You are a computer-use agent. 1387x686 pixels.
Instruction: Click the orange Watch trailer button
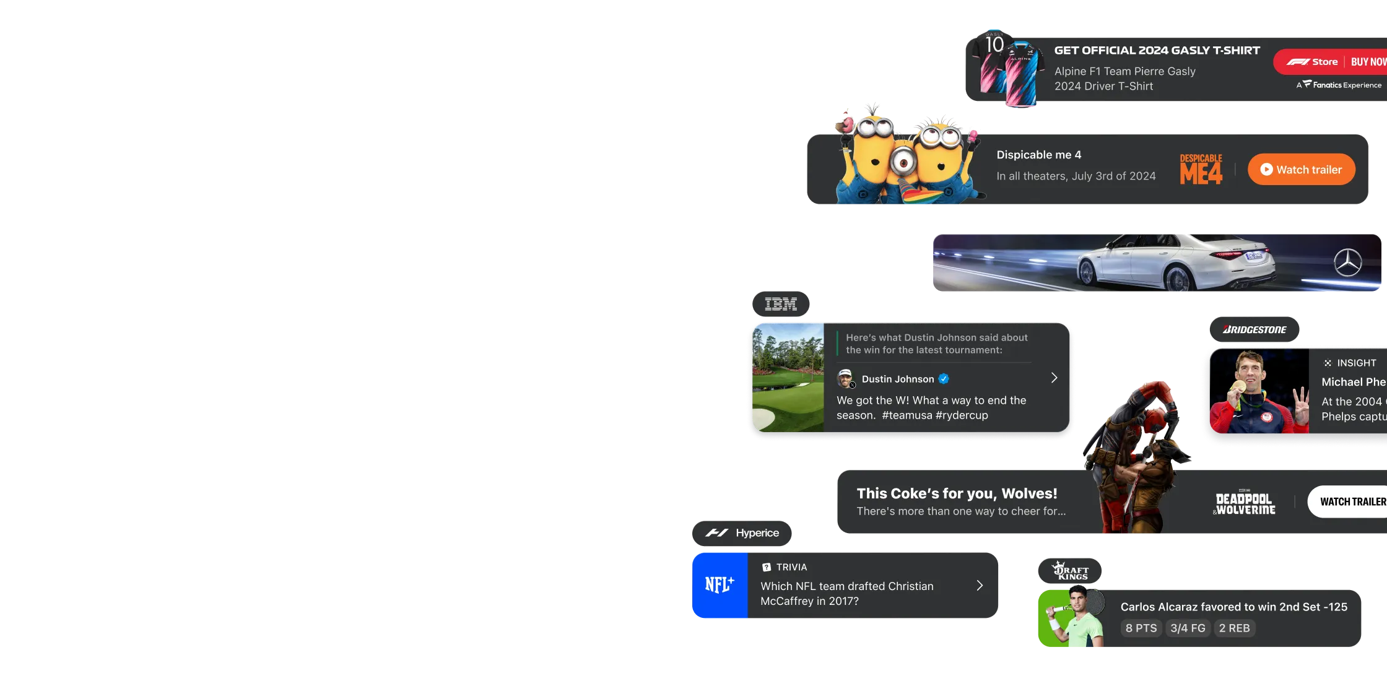(x=1301, y=170)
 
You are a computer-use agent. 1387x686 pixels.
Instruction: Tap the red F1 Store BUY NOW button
(x=1331, y=62)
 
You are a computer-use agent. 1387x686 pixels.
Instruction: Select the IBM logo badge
(x=780, y=304)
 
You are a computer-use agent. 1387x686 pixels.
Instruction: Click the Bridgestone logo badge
(x=1254, y=329)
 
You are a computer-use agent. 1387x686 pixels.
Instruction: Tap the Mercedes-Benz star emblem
(x=1347, y=263)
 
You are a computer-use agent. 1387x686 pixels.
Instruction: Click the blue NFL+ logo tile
(x=720, y=585)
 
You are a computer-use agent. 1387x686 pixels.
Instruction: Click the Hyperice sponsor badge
(x=742, y=533)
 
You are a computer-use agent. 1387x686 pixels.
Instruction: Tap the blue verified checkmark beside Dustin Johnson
(x=944, y=379)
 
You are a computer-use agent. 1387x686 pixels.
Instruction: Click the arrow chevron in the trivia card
(x=980, y=586)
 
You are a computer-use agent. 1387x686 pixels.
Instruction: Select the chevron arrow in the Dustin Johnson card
(x=1054, y=378)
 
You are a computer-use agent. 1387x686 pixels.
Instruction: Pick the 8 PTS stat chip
(x=1141, y=628)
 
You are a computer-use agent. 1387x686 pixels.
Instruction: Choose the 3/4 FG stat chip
(x=1188, y=628)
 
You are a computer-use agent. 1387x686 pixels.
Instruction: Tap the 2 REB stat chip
(x=1234, y=628)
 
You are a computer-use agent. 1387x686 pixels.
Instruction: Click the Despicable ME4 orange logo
(x=1201, y=170)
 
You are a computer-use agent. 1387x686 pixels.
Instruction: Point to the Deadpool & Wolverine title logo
(x=1245, y=504)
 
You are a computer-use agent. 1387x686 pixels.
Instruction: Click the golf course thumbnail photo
(x=788, y=378)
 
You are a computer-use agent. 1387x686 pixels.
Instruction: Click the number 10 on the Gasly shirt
(x=994, y=45)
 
